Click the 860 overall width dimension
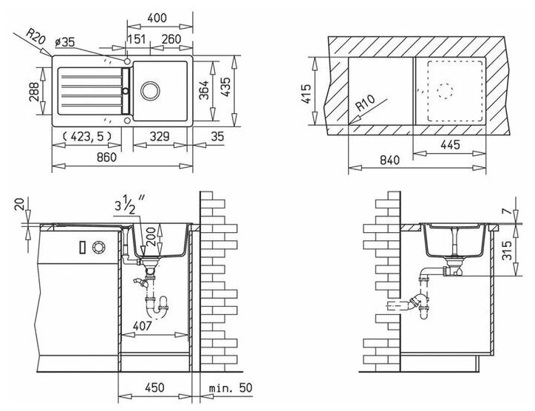click(x=107, y=157)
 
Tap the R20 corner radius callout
click(x=35, y=37)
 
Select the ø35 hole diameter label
click(x=65, y=42)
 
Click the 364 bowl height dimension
click(x=204, y=90)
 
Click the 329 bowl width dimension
click(x=160, y=137)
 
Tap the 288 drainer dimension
click(x=34, y=91)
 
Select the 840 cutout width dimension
click(x=389, y=160)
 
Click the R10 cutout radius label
click(x=365, y=103)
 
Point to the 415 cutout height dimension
click(x=306, y=94)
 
